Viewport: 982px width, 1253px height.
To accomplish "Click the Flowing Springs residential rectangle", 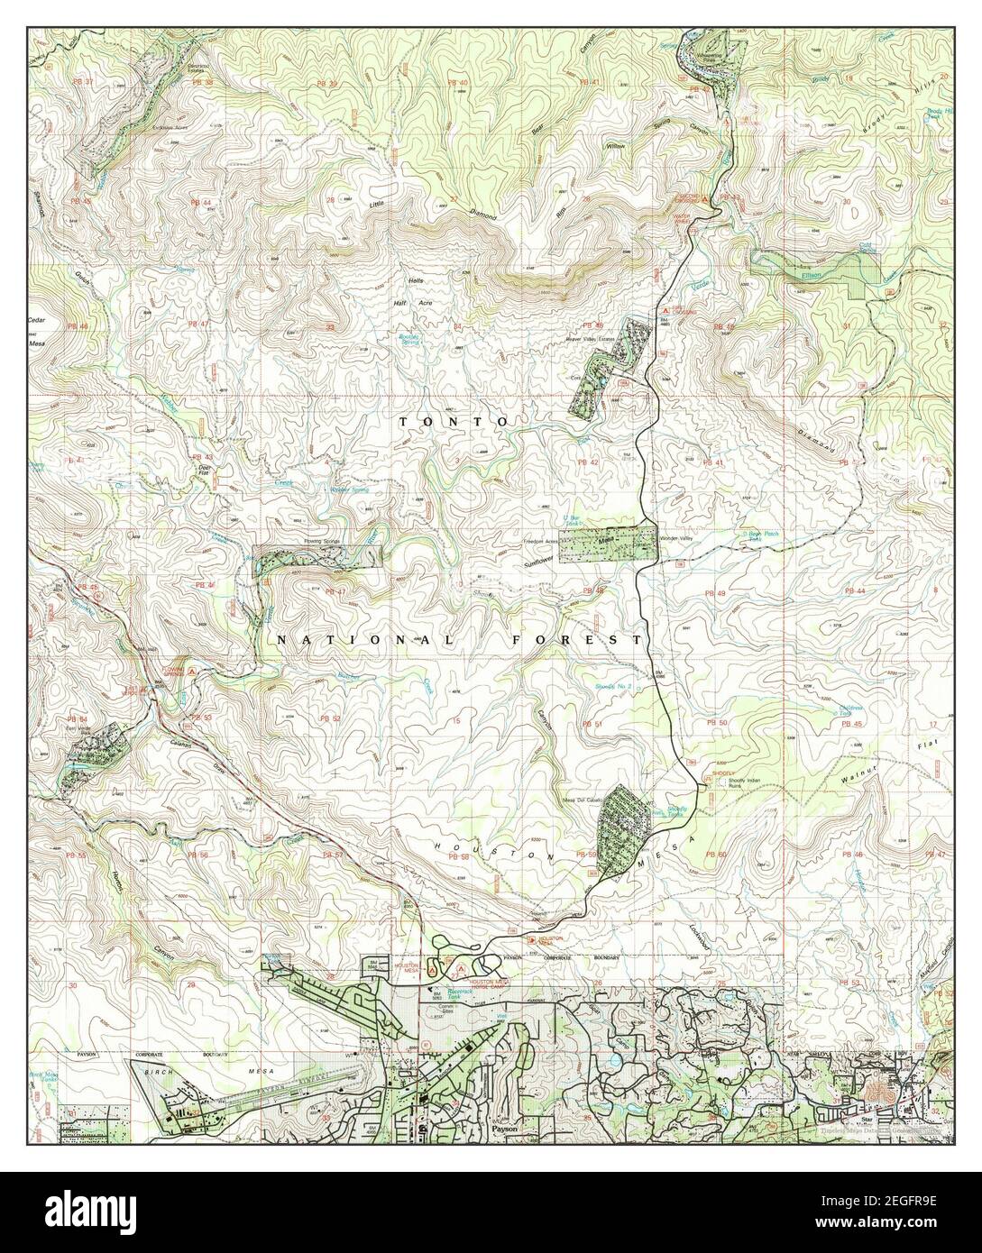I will pos(320,559).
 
